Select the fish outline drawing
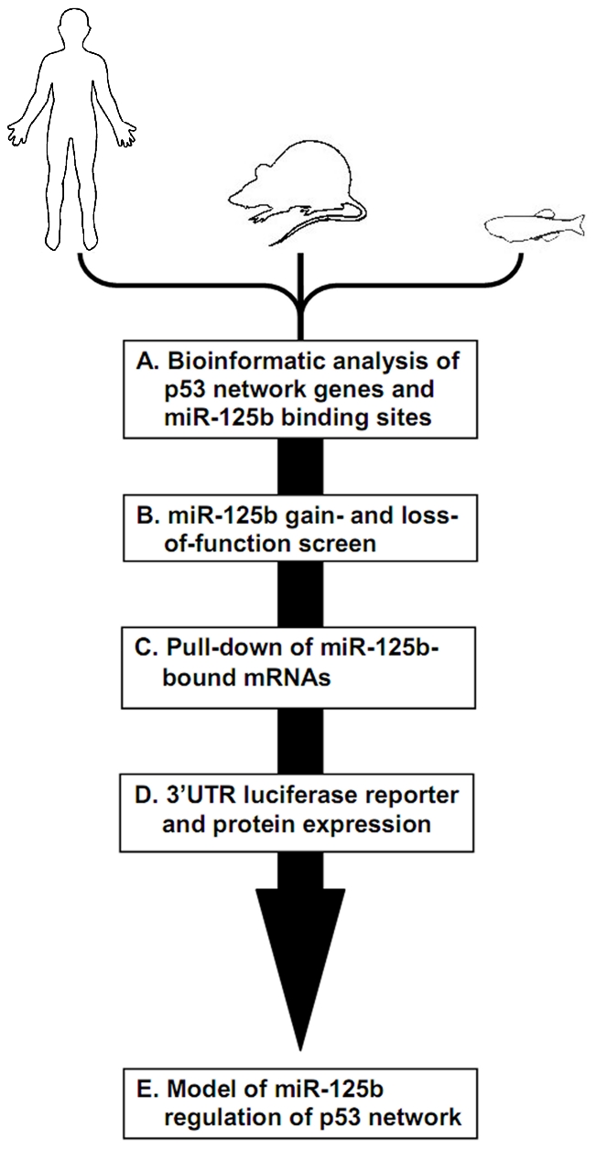tap(535, 225)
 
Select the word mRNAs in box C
tap(291, 678)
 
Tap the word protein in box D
tap(254, 825)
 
